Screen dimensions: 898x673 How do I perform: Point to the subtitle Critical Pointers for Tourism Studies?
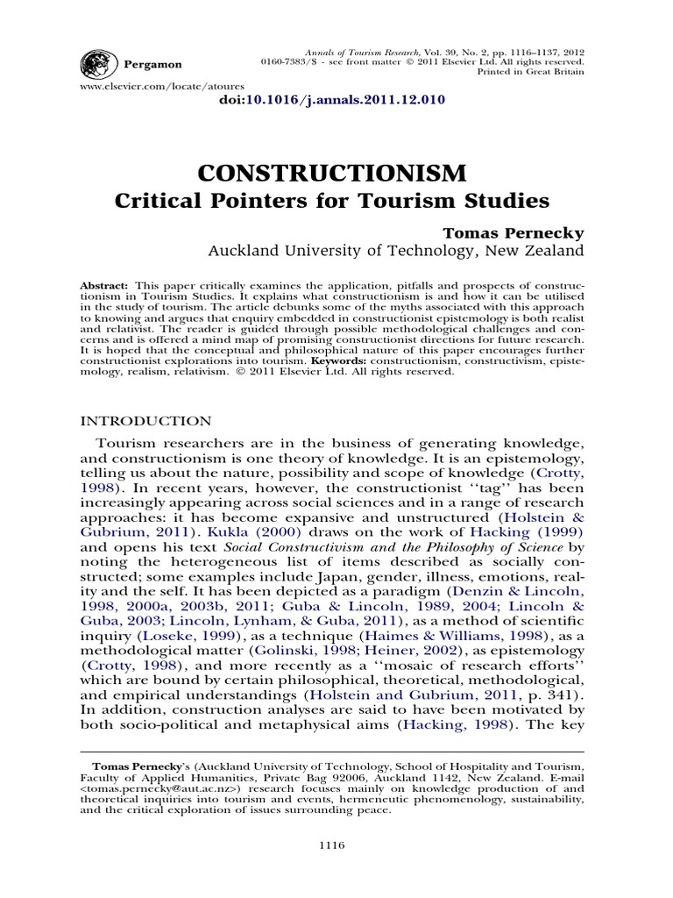pyautogui.click(x=332, y=201)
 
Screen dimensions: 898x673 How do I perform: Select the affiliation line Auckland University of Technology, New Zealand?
pyautogui.click(x=394, y=251)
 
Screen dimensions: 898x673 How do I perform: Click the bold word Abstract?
pyautogui.click(x=104, y=287)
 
